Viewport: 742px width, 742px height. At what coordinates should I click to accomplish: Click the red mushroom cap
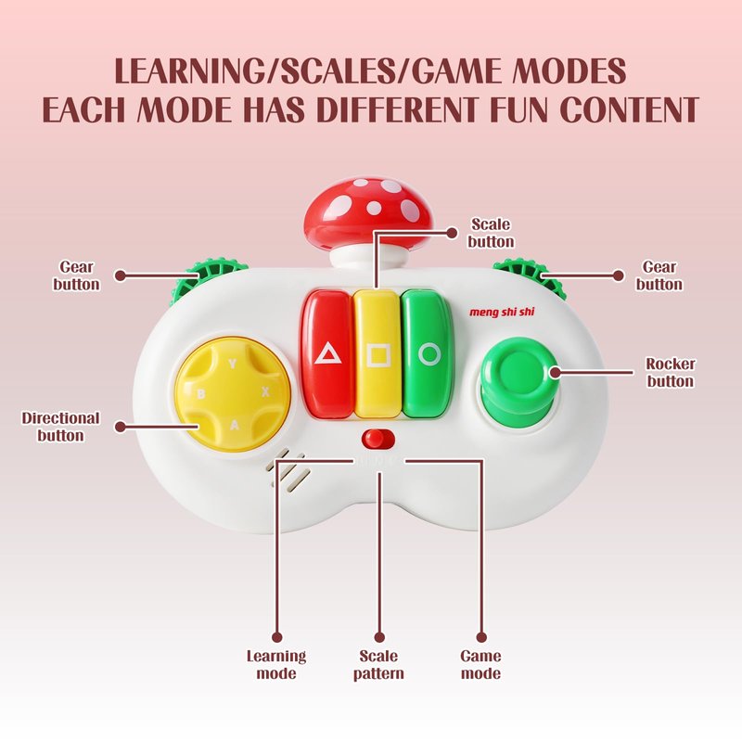[368, 209]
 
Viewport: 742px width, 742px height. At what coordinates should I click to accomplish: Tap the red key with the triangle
[326, 353]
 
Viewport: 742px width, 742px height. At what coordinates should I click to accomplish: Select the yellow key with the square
[377, 353]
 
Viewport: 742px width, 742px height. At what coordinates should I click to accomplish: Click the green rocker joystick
[518, 375]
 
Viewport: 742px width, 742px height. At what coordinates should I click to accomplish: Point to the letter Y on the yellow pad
[232, 364]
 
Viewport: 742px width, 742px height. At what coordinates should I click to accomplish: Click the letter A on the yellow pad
[235, 425]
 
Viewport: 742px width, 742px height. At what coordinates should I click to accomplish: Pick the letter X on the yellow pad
[265, 392]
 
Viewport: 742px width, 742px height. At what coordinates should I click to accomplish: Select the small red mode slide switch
[377, 439]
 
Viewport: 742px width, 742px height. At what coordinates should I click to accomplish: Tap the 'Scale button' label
[491, 233]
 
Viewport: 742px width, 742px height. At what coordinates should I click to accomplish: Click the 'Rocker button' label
[670, 372]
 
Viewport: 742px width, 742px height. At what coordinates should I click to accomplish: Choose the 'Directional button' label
[60, 427]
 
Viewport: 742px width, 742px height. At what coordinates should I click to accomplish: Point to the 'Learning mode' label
[275, 664]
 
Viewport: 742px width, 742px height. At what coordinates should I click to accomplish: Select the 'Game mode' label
[480, 664]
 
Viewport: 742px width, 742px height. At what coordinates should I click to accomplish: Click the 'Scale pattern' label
[378, 664]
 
